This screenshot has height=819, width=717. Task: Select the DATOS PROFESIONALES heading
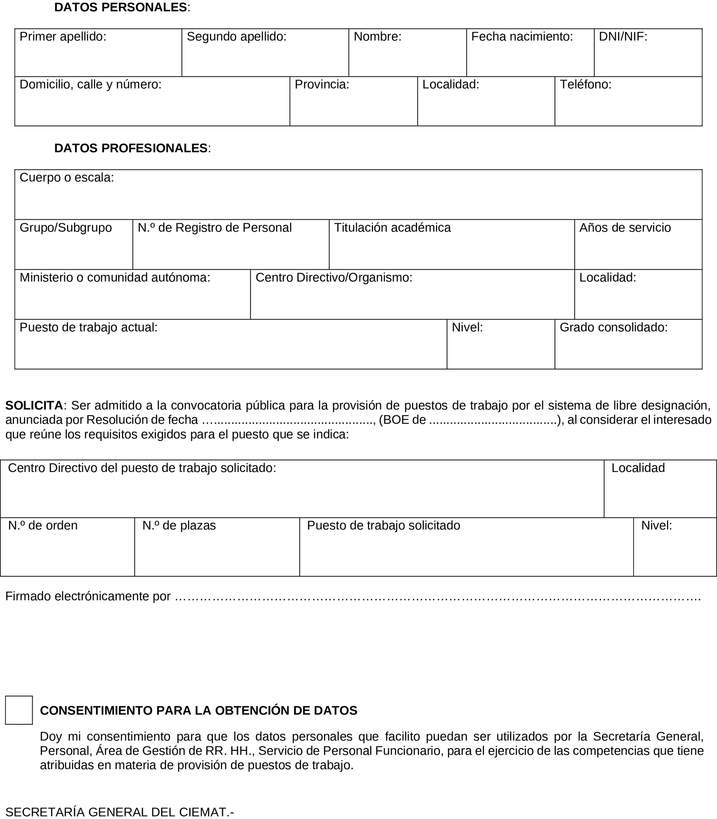click(x=131, y=148)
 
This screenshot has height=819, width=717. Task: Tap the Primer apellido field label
click(x=63, y=37)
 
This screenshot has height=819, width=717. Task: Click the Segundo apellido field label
click(x=236, y=37)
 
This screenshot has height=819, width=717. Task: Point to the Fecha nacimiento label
click(x=522, y=37)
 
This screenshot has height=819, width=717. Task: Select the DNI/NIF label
click(x=623, y=37)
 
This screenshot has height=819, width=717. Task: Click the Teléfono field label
click(x=585, y=84)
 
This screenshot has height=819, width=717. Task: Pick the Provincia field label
click(x=322, y=84)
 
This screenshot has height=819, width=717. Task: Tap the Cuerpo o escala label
click(x=67, y=178)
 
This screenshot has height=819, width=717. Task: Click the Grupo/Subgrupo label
click(x=66, y=228)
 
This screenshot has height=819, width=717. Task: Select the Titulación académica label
click(x=392, y=228)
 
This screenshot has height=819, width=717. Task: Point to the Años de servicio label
click(x=625, y=228)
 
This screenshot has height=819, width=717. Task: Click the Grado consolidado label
click(x=613, y=328)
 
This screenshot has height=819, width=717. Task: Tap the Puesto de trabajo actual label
click(x=88, y=328)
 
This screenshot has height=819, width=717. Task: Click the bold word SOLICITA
click(x=34, y=406)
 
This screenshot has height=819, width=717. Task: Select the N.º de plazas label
click(x=179, y=526)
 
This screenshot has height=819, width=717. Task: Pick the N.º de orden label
click(x=43, y=526)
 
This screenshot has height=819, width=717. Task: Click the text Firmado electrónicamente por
click(x=88, y=596)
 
